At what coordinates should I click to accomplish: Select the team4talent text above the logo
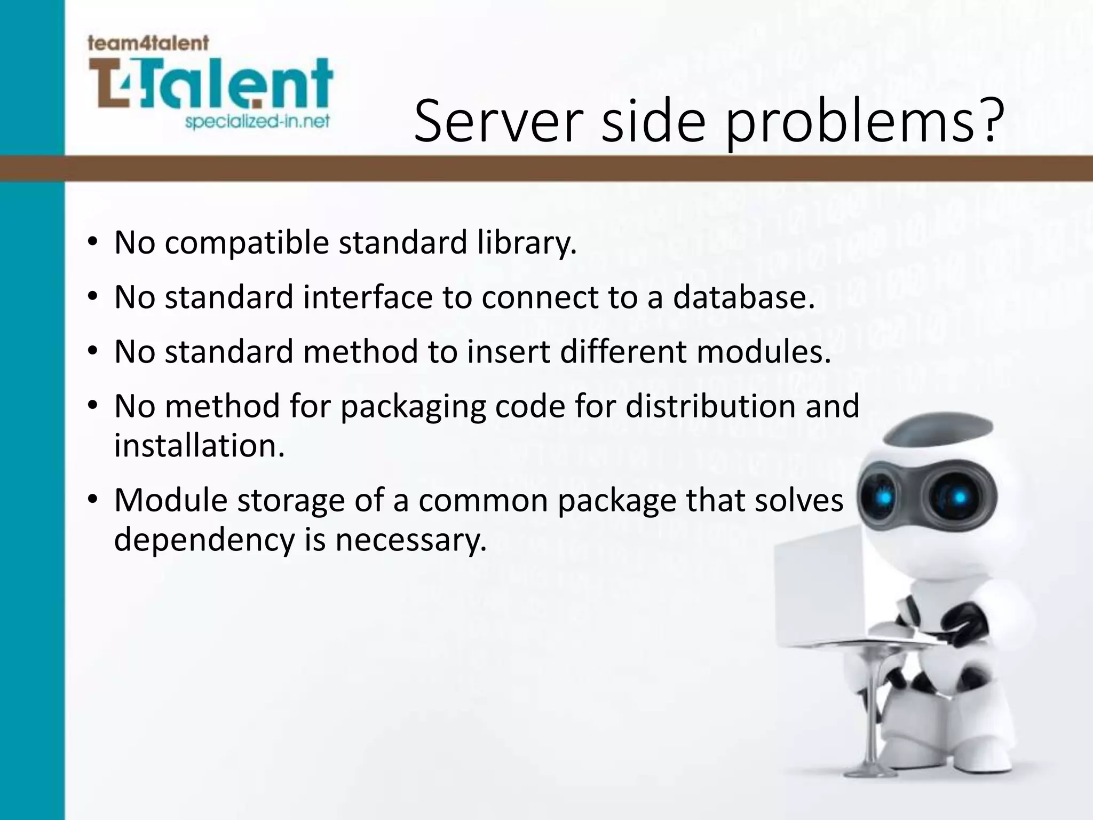[148, 43]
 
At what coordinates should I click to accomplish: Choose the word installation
[199, 446]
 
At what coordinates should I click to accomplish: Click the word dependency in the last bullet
[204, 541]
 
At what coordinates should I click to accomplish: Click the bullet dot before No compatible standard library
[92, 243]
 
